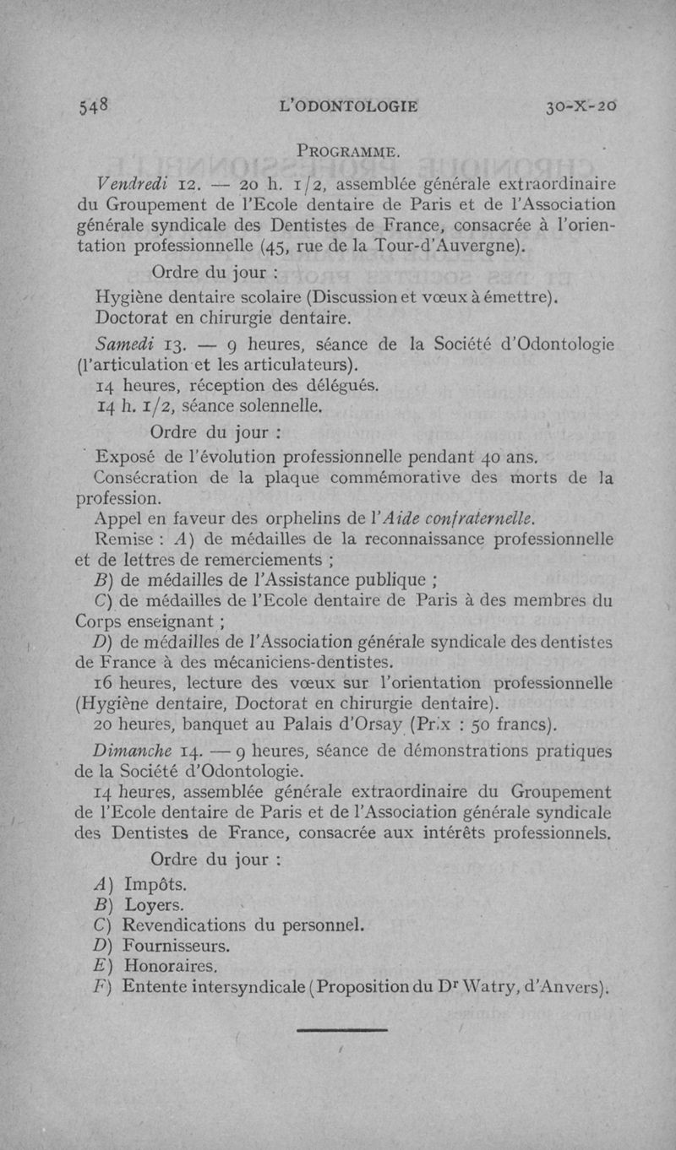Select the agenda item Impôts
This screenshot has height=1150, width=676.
click(x=155, y=885)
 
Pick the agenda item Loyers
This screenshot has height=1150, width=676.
click(x=153, y=905)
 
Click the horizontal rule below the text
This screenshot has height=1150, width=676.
click(x=342, y=1029)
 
